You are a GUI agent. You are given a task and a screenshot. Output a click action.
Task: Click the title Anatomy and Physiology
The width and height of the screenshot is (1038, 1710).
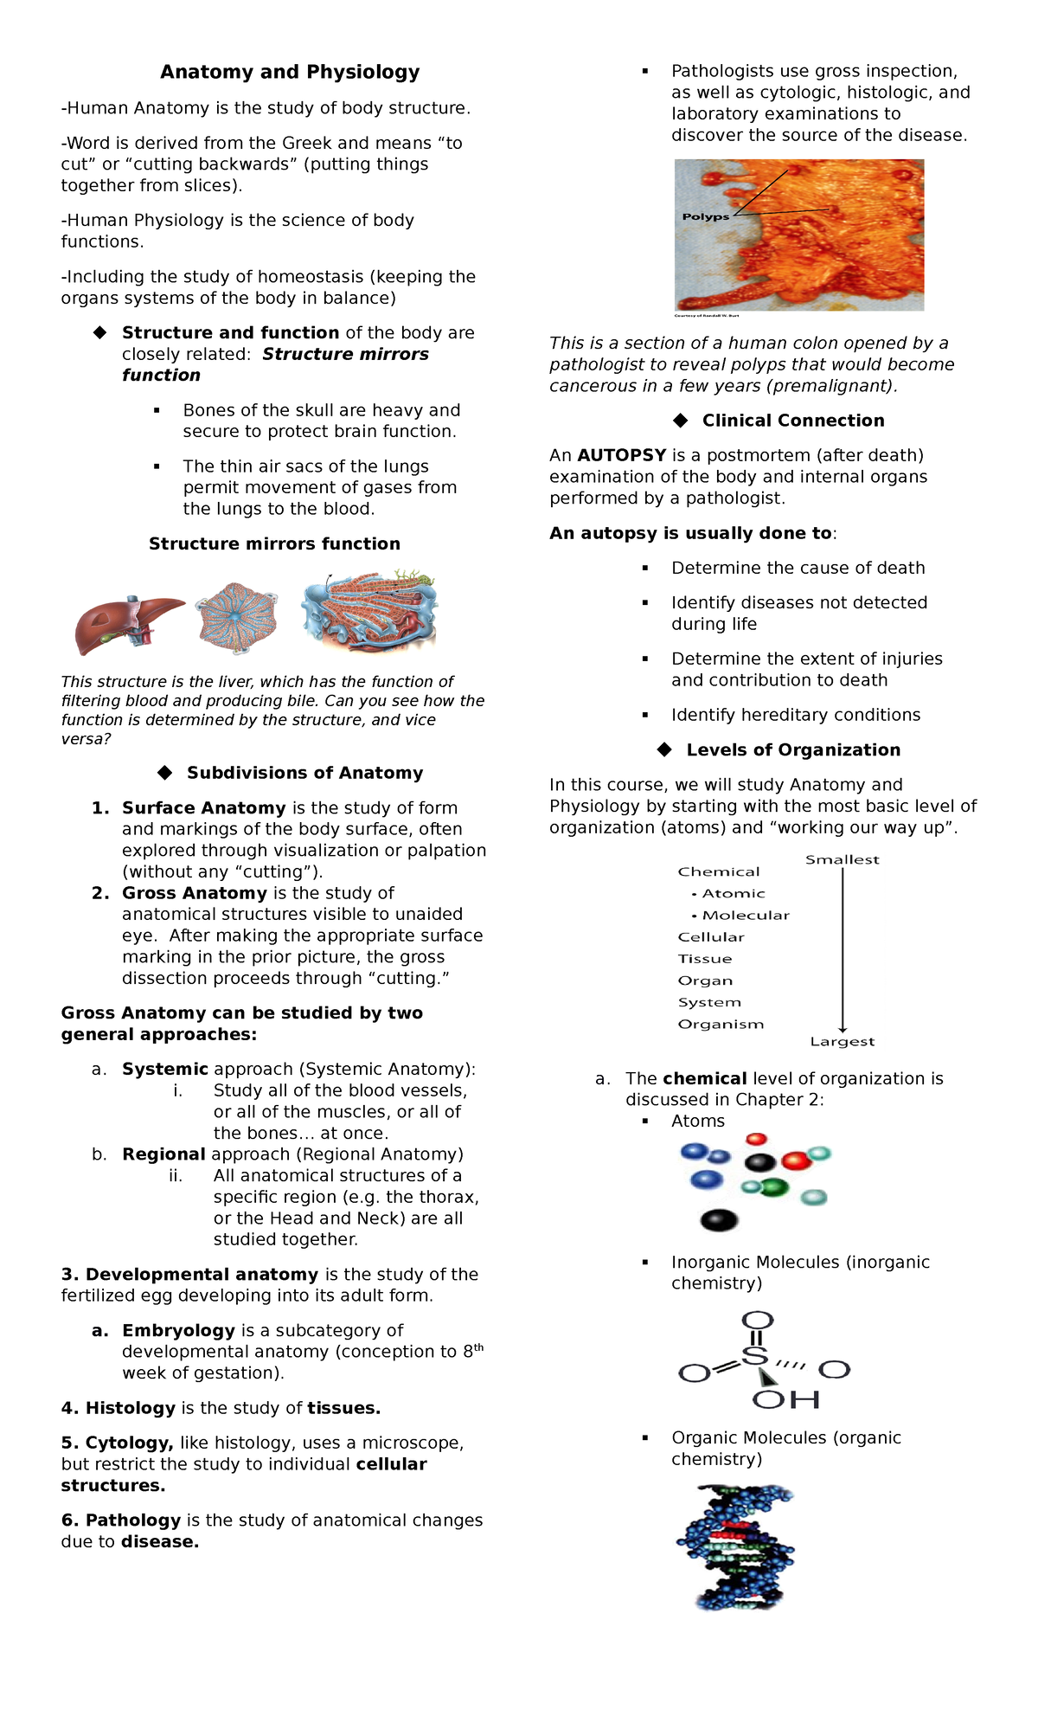pos(290,72)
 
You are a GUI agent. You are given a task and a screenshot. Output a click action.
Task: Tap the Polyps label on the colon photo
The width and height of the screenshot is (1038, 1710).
pos(705,216)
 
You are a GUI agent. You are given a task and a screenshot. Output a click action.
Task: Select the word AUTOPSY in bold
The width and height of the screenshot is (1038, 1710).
pos(621,455)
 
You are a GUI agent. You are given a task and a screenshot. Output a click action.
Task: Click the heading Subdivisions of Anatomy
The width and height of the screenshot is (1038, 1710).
pos(304,773)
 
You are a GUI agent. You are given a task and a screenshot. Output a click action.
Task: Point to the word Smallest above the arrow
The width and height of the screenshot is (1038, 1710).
pos(842,859)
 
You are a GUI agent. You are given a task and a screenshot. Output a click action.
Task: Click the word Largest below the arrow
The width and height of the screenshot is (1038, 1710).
pos(842,1042)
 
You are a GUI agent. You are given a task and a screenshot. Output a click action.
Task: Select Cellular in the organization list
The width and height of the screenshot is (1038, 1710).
pos(711,937)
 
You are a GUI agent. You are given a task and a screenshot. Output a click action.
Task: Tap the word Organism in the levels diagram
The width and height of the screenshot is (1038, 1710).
pos(721,1025)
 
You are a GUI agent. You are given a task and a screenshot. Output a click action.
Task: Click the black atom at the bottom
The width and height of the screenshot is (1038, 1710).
pos(719,1220)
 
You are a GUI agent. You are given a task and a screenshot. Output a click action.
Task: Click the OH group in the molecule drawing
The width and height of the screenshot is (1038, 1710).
pos(785,1399)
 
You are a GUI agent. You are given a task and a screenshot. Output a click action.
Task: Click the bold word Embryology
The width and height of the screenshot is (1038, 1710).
pos(178,1330)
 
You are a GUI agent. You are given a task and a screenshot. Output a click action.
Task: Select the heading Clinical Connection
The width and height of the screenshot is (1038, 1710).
pos(792,421)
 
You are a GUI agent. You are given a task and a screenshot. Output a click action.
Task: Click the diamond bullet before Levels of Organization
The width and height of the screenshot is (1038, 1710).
pos(664,749)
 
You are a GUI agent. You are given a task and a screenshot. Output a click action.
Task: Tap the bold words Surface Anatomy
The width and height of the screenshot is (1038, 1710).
pos(203,808)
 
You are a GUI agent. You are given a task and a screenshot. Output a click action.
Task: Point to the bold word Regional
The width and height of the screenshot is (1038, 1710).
pos(163,1154)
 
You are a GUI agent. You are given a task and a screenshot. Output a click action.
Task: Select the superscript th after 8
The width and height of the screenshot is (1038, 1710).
pos(478,1347)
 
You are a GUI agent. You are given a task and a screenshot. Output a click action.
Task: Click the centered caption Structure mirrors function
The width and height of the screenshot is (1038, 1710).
pos(274,543)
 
